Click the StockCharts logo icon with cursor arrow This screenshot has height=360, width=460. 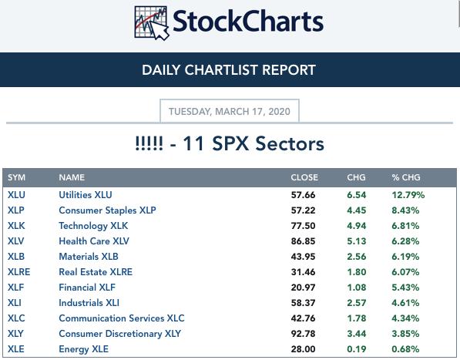(152, 23)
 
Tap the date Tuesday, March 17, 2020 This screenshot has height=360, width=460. (230, 112)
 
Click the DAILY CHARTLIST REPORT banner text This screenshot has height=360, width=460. (229, 70)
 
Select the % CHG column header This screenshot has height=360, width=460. (406, 177)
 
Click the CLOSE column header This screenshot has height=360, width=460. (304, 177)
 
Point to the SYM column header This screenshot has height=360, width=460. (16, 177)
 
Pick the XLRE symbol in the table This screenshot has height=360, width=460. (18, 272)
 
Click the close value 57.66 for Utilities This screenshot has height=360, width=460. (303, 195)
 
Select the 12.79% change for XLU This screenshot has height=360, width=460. (408, 195)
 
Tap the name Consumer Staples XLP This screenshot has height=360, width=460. (107, 210)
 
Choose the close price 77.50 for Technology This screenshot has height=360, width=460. (303, 226)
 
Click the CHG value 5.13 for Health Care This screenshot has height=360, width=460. (357, 241)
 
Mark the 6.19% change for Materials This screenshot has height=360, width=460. (405, 257)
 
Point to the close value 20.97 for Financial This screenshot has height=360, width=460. (303, 288)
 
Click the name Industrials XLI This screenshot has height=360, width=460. (89, 303)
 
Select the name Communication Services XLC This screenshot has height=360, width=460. (122, 318)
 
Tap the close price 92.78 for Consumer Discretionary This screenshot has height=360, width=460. (303, 334)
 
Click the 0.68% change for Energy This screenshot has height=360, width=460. (405, 349)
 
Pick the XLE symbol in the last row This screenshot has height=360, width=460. (16, 349)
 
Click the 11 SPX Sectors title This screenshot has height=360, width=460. (254, 143)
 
